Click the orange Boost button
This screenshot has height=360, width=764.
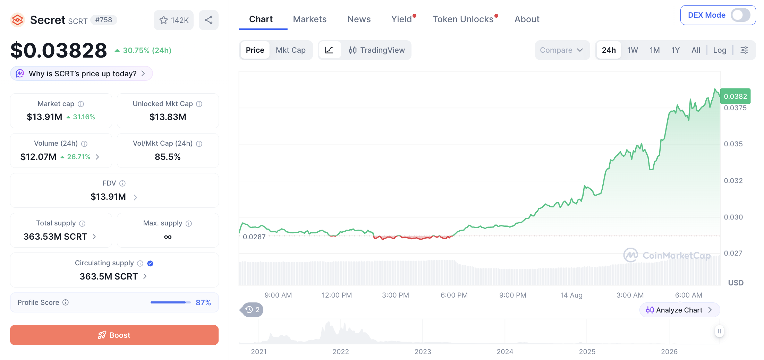pos(114,335)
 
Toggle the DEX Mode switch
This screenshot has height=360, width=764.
pos(740,15)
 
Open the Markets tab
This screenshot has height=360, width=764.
pos(309,19)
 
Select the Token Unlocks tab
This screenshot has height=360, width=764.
pos(463,19)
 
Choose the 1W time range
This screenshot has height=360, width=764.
pos(633,50)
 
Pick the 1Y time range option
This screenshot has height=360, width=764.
pos(675,50)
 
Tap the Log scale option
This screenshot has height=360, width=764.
pos(720,50)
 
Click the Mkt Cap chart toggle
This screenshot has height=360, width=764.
pos(291,50)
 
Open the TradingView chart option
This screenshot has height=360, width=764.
pos(376,50)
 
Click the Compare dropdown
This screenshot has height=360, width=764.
pos(562,50)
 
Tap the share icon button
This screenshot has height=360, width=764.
pos(209,20)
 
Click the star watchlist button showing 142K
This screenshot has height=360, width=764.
pos(173,20)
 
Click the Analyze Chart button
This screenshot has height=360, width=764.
pos(679,310)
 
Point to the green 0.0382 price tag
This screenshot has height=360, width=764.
pos(735,96)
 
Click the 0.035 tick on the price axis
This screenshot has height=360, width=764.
pos(733,144)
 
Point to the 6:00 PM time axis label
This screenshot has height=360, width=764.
pos(454,295)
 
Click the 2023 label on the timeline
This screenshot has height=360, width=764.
pos(423,352)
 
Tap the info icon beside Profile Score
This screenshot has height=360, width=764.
pos(66,302)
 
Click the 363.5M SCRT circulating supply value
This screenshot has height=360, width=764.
pos(109,276)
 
